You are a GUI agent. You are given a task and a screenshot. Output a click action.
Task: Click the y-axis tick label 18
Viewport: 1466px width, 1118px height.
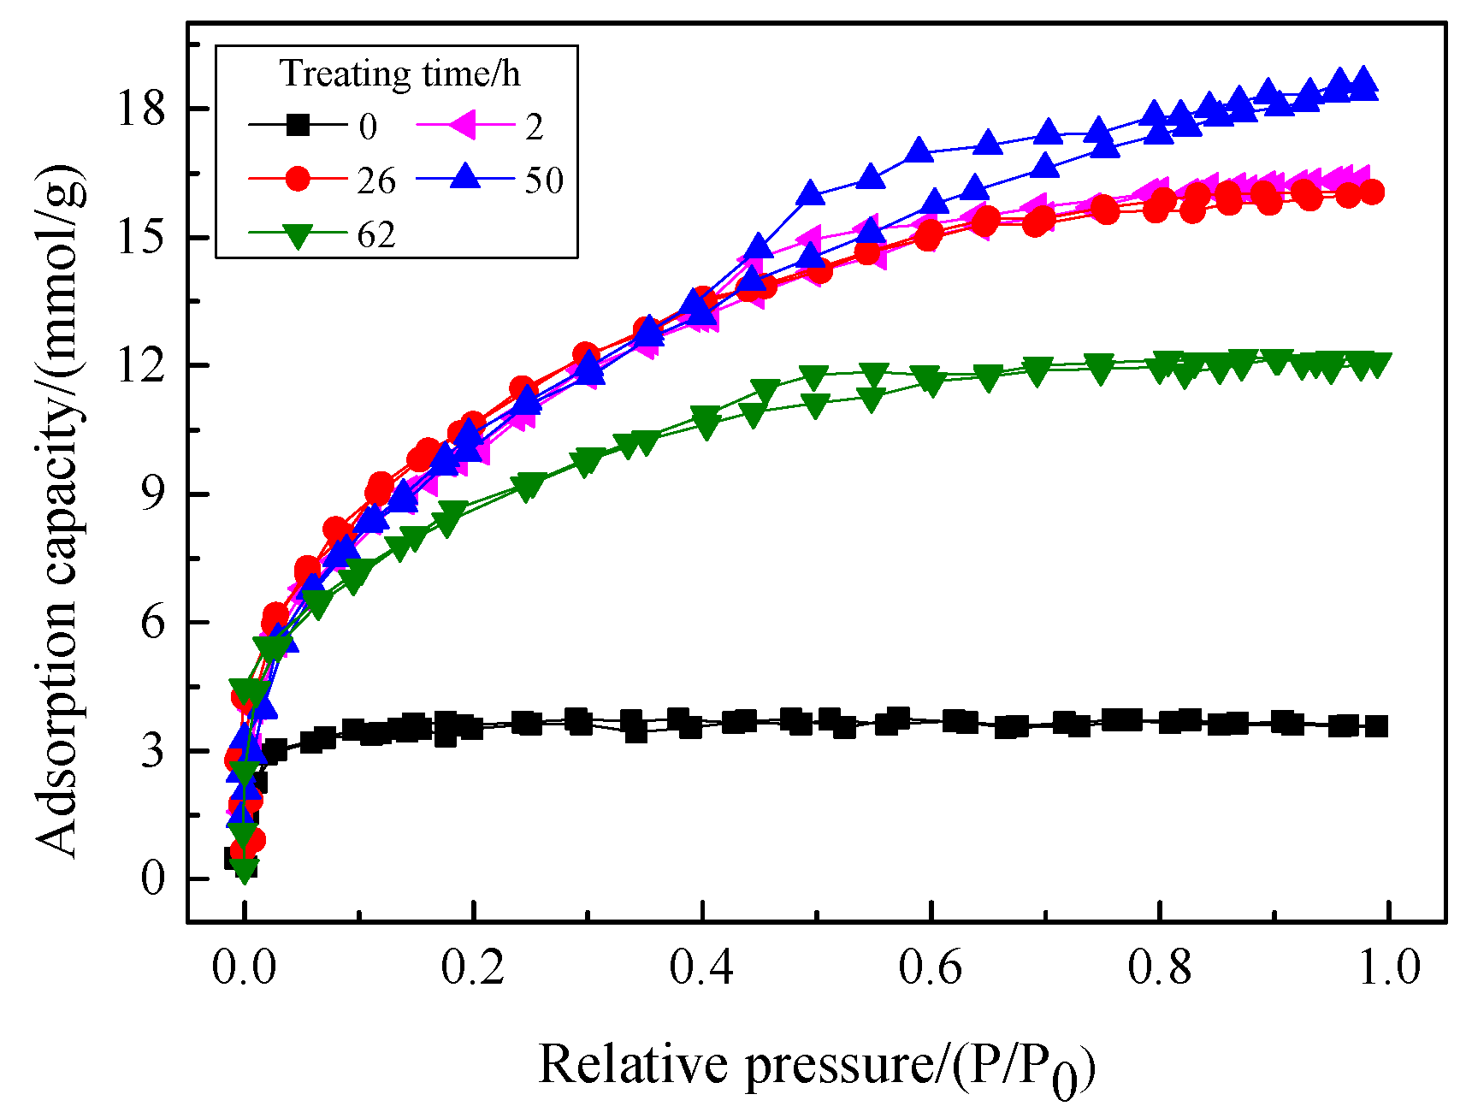[140, 109]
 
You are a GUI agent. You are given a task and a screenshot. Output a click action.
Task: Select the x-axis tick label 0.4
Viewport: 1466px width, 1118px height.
[701, 967]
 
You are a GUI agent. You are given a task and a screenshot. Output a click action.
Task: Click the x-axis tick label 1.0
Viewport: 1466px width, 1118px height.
[1389, 967]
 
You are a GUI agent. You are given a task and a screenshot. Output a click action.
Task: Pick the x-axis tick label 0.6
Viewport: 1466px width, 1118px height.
[931, 967]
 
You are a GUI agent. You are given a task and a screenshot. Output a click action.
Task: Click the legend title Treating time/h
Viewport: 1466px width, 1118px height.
[399, 74]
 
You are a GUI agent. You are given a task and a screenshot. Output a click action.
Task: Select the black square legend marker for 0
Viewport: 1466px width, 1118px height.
[298, 126]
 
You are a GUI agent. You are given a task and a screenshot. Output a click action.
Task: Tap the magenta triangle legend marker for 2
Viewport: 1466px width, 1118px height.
[465, 126]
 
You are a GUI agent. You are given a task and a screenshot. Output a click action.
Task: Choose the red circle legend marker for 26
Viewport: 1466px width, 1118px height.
[298, 180]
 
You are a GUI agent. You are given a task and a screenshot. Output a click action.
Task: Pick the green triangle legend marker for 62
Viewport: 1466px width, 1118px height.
[298, 234]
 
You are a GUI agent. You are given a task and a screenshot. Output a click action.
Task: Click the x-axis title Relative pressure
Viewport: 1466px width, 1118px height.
[817, 1066]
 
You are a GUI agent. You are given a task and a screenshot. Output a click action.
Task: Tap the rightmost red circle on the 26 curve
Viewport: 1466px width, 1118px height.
[1371, 192]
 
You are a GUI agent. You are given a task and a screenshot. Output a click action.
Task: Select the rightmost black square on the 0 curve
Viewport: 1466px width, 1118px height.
[1377, 726]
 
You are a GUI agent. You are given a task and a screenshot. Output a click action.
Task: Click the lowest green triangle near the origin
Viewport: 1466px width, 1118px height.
[245, 871]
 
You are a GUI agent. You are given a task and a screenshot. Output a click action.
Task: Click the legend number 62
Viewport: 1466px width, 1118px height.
[376, 234]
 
